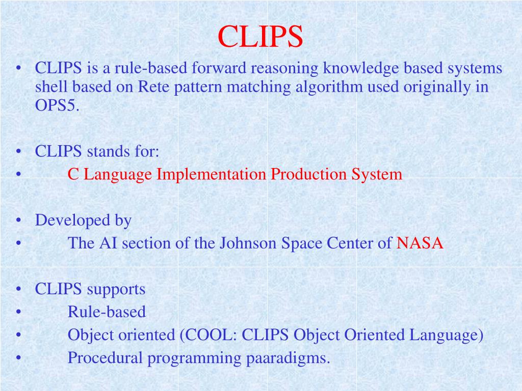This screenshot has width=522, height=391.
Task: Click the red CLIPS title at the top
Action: coord(260,37)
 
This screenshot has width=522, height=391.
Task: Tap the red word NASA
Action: coord(420,243)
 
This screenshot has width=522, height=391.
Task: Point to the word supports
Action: coord(116,289)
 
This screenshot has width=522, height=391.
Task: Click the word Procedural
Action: coord(106,358)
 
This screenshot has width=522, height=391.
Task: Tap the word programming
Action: coord(195,358)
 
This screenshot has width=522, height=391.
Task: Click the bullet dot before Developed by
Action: coord(18,221)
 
